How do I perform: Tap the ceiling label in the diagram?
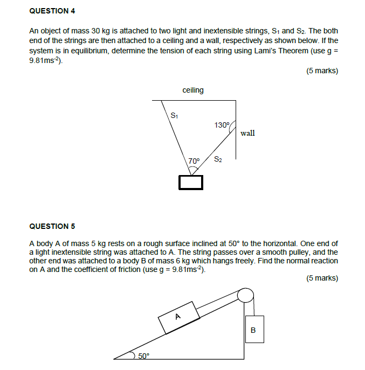click(x=193, y=90)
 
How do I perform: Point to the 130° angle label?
click(x=222, y=125)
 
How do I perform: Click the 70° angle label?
click(x=194, y=160)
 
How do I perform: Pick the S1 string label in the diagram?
click(x=174, y=115)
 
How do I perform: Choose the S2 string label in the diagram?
click(x=218, y=159)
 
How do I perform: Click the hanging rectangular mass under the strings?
click(x=191, y=183)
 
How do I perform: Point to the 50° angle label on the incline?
click(x=144, y=355)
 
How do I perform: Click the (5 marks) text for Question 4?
click(x=322, y=71)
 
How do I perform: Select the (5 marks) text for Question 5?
click(x=322, y=278)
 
